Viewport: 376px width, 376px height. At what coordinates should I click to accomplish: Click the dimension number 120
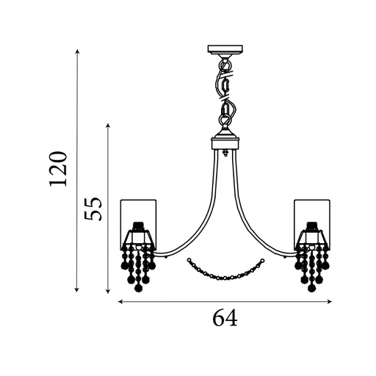point(58,169)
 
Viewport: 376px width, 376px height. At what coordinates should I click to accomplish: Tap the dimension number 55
point(93,209)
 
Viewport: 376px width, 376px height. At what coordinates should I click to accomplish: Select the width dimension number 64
point(225,317)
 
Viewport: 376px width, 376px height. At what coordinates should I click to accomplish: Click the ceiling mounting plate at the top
point(225,49)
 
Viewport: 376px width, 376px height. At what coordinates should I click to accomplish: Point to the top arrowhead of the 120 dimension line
point(77,51)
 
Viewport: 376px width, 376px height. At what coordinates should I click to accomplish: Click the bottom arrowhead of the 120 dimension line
point(77,290)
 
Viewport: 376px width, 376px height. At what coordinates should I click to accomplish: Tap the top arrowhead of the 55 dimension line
point(108,126)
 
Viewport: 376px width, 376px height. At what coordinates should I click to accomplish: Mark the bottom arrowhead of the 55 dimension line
point(108,291)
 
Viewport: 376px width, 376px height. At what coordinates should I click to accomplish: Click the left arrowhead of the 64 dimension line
point(120,302)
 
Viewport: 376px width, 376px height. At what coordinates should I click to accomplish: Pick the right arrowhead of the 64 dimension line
point(330,302)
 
